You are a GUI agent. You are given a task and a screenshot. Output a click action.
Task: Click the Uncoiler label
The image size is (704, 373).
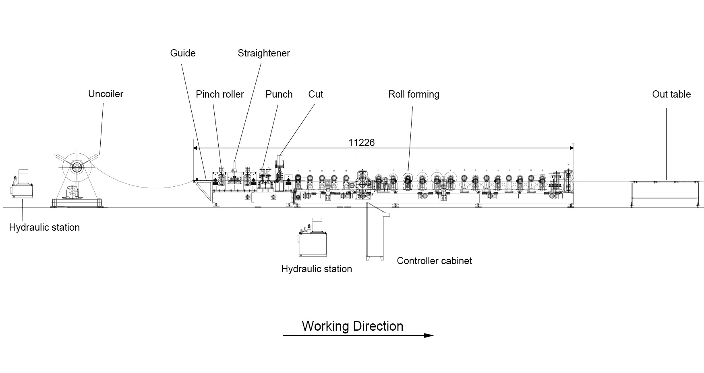(x=106, y=94)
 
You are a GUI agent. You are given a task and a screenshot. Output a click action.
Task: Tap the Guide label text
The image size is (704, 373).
(x=183, y=53)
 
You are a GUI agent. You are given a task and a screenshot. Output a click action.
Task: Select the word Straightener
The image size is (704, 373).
(x=263, y=53)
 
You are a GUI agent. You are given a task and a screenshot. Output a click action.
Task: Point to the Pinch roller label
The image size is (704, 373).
(x=220, y=94)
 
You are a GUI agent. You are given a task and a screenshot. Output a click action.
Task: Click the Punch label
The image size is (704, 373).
(x=279, y=94)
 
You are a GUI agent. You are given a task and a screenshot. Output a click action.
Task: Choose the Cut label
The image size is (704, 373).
(x=316, y=94)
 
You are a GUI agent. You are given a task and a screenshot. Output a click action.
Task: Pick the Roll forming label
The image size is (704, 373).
(x=414, y=94)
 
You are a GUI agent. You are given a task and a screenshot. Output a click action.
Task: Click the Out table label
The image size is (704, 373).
(x=671, y=94)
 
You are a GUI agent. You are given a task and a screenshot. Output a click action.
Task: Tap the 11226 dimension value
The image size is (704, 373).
(x=361, y=142)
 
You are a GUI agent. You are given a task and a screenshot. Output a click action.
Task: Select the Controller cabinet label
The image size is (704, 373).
(x=434, y=261)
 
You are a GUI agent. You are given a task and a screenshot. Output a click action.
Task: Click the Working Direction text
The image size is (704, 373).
(x=352, y=326)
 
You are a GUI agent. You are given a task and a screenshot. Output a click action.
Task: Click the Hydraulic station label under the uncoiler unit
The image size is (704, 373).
(x=44, y=227)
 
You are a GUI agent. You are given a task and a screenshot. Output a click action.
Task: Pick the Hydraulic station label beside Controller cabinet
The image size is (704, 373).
(x=317, y=269)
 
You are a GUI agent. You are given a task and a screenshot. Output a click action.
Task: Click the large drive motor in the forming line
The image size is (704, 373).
(x=364, y=183)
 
